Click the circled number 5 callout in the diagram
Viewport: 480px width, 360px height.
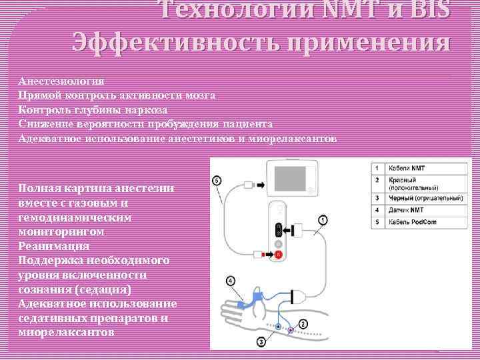tap(217, 181)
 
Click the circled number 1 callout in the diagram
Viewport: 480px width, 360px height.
tap(323, 219)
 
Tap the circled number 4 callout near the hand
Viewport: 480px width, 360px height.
tap(230, 281)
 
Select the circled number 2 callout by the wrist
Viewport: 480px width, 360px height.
tap(303, 324)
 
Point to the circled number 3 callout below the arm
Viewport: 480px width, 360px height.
tap(261, 342)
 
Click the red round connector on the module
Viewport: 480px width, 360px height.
tap(279, 254)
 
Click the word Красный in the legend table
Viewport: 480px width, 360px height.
tap(403, 180)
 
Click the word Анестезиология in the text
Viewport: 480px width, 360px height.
tap(61, 81)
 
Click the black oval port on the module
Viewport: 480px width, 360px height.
tap(279, 230)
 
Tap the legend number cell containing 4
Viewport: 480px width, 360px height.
tap(377, 210)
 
